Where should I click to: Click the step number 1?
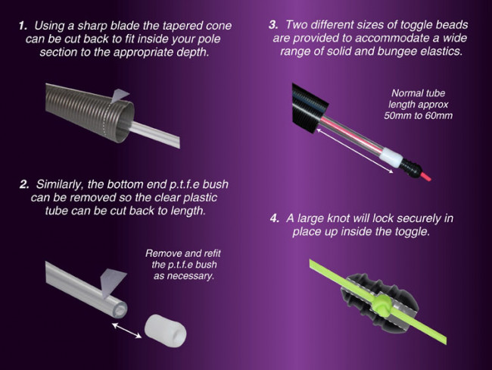(x=23, y=26)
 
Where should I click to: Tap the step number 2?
(x=24, y=184)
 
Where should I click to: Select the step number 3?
(x=273, y=25)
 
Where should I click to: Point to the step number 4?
(x=275, y=218)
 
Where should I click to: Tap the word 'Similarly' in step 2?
(x=60, y=185)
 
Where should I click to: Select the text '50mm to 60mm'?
(x=419, y=116)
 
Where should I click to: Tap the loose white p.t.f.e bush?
(x=165, y=331)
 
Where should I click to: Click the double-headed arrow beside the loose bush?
(x=126, y=331)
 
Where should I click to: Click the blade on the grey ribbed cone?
(x=120, y=96)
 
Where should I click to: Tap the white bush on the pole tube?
(x=391, y=158)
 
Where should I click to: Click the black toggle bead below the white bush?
(x=409, y=168)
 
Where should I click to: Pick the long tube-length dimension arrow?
(x=355, y=151)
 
